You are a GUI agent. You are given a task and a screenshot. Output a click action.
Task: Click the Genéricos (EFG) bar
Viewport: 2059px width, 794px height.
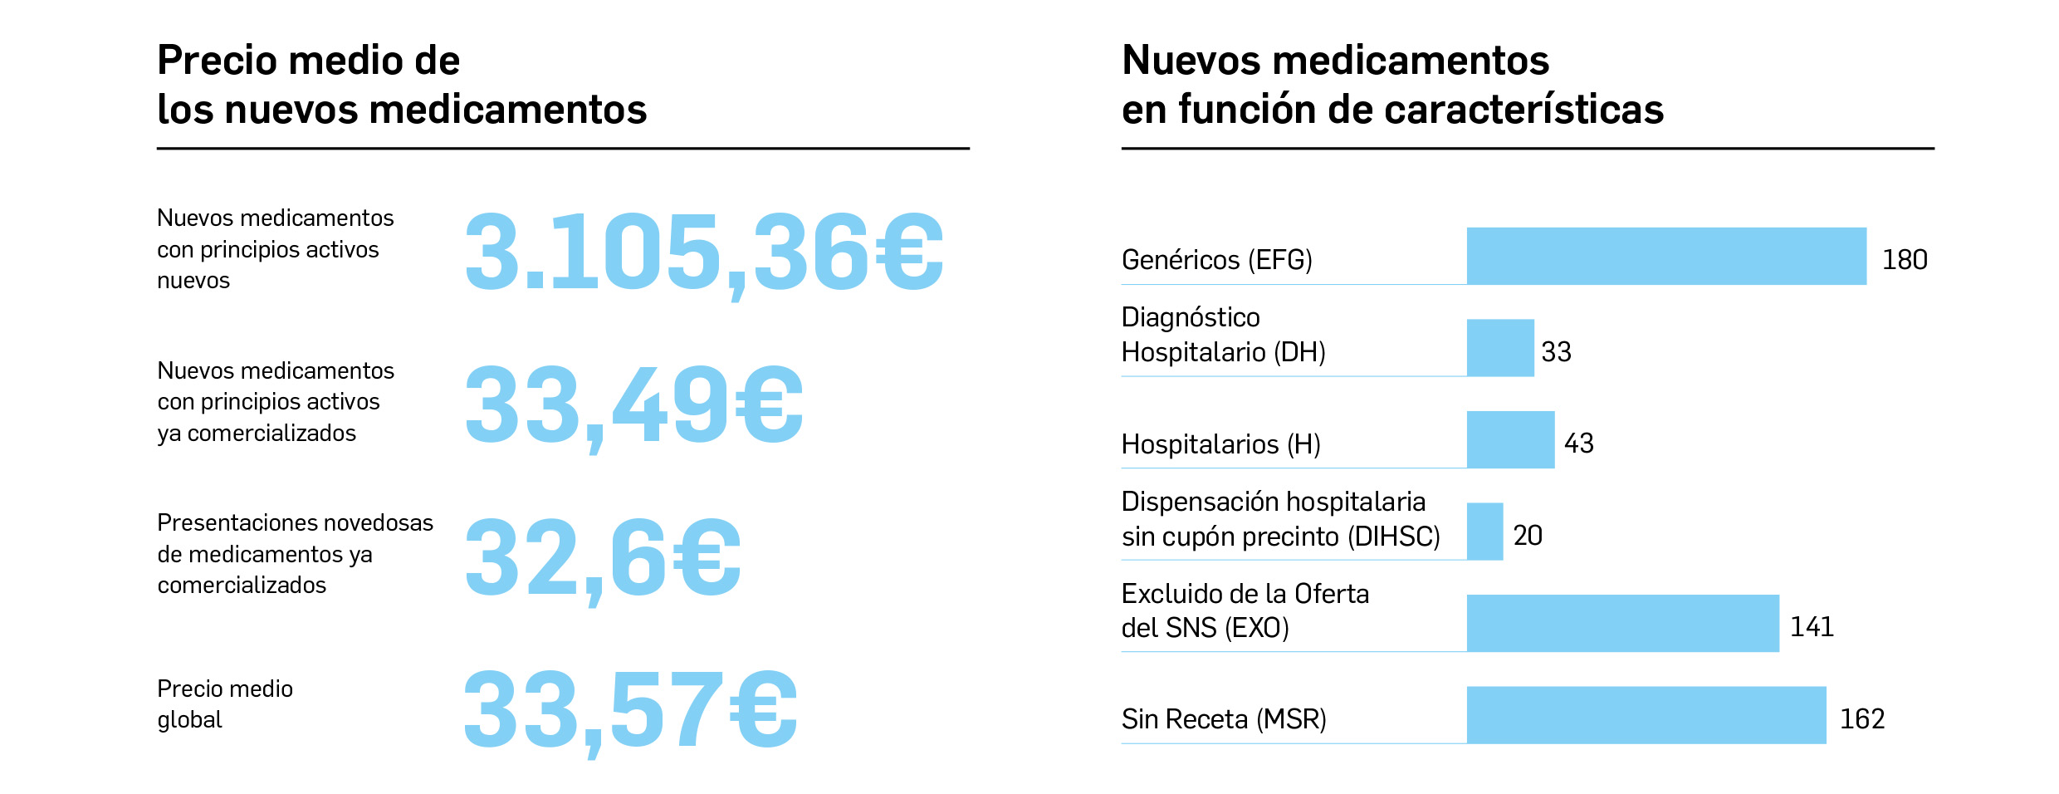(1665, 256)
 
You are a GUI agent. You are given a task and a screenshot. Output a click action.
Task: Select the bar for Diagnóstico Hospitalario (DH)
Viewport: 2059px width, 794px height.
(1499, 348)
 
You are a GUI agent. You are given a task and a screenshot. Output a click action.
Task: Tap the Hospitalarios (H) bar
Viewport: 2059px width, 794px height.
(1509, 439)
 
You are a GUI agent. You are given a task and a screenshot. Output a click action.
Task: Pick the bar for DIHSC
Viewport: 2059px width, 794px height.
(1484, 532)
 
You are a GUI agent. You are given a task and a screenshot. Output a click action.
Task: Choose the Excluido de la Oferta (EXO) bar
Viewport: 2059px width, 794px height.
(1622, 623)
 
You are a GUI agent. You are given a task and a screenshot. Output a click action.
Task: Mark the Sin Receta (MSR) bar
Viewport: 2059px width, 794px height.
(1646, 715)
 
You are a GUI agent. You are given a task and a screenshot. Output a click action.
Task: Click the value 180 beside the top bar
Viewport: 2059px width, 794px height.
(1904, 260)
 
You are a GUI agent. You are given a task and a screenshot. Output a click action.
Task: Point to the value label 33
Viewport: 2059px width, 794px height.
(1556, 352)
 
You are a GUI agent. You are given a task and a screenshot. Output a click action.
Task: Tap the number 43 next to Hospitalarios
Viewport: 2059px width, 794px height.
(1578, 444)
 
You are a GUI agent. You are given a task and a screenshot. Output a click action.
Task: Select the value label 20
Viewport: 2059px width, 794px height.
(1527, 536)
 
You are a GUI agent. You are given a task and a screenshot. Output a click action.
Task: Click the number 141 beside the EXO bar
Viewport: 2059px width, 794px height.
(1811, 627)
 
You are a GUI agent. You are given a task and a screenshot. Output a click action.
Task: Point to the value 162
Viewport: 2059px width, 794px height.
(1861, 719)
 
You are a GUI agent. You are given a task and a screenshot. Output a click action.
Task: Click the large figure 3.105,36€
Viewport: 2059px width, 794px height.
(703, 252)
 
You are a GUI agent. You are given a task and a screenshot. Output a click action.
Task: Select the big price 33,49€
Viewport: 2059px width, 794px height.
(633, 405)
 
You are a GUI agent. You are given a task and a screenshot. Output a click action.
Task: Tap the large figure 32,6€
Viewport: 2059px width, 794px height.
(602, 557)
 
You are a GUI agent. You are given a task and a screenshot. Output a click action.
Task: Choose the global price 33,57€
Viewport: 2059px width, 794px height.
(630, 710)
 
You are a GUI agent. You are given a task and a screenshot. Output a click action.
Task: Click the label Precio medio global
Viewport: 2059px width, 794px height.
(224, 703)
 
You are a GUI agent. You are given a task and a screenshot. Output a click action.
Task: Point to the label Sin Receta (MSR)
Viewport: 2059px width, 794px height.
(1223, 719)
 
